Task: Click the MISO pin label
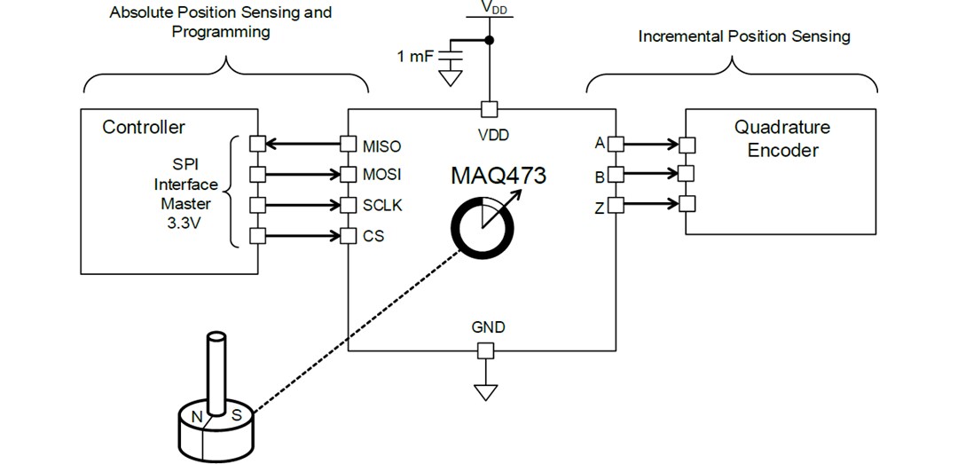[381, 145]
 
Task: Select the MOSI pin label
[381, 175]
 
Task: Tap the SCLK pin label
[382, 205]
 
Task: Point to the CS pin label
[373, 236]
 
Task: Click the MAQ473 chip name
[498, 176]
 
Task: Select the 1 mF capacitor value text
[416, 58]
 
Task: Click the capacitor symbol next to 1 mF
[452, 56]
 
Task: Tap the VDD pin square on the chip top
[488, 109]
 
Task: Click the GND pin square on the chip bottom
[485, 351]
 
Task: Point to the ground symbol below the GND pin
[485, 391]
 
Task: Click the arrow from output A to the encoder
[651, 144]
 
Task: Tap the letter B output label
[600, 177]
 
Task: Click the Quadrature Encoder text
[782, 138]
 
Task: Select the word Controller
[144, 127]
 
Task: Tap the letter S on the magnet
[237, 414]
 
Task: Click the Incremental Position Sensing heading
[744, 36]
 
